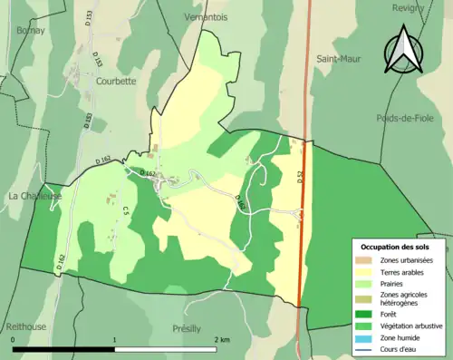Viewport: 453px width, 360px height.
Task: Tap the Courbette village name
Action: [x=116, y=80]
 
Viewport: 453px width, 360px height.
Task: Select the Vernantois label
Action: [x=204, y=17]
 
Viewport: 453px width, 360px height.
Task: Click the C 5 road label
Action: [x=126, y=211]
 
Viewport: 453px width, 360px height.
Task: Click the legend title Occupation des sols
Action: [x=396, y=247]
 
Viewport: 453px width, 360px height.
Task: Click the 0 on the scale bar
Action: [x=14, y=339]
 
